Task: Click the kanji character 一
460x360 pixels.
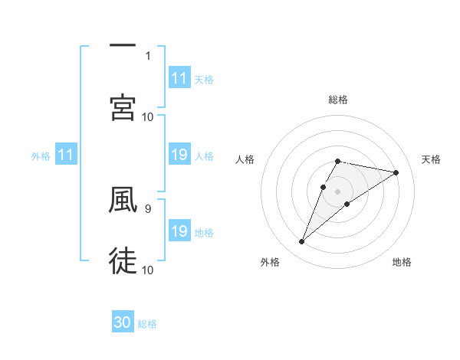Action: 123,45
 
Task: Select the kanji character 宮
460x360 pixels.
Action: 123,107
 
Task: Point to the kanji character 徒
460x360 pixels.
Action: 123,260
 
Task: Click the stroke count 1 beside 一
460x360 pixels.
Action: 148,55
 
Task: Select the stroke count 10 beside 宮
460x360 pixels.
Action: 148,116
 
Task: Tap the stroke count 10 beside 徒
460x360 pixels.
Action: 148,270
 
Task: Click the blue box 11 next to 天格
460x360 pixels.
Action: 179,78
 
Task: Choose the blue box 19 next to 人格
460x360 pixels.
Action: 179,155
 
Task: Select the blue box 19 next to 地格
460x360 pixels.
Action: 179,232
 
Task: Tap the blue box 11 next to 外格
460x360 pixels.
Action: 66,155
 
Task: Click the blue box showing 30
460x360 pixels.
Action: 123,323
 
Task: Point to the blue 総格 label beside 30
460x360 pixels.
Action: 147,324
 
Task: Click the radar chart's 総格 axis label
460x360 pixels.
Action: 338,100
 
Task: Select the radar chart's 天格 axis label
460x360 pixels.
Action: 432,159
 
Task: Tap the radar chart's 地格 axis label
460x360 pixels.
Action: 402,262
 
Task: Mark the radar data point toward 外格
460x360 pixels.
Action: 302,242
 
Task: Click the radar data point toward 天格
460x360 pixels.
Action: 396,172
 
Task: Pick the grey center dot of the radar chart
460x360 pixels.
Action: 338,191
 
